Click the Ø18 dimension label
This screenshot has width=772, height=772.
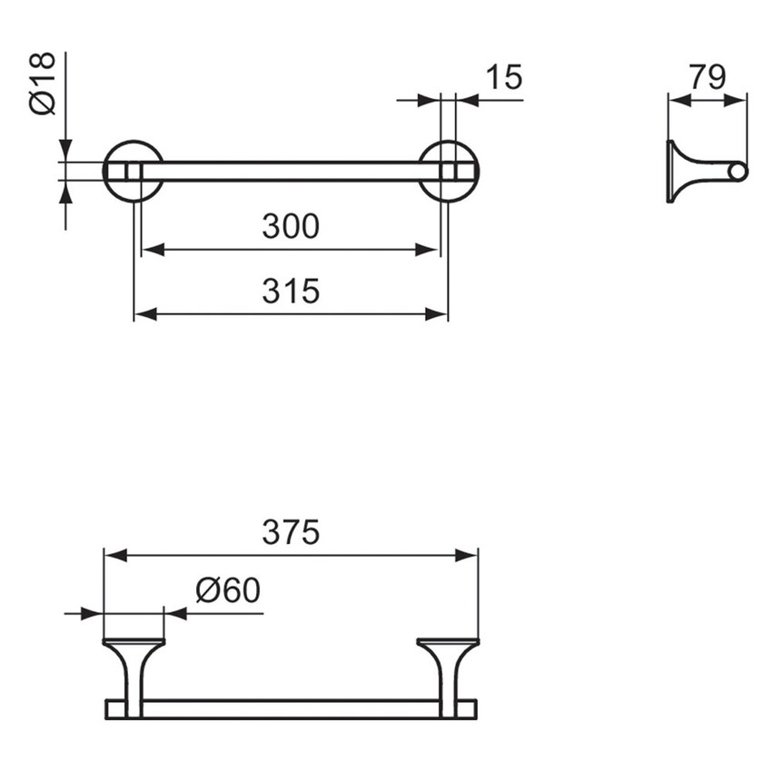click(43, 84)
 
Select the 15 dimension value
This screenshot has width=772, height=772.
click(503, 77)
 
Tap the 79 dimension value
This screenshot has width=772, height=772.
click(707, 77)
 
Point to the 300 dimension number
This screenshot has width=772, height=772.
click(291, 226)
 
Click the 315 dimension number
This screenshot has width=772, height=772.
click(291, 292)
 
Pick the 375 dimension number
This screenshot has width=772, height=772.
click(291, 533)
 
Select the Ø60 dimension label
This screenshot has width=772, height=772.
click(228, 591)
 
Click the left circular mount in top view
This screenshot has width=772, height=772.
click(133, 171)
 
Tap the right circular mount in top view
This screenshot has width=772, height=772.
click(449, 171)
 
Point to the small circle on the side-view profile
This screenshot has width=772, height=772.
click(738, 171)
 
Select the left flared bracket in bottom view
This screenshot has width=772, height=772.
click(134, 672)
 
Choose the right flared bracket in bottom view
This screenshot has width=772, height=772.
click(449, 672)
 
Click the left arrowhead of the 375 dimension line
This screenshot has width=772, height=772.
click(114, 555)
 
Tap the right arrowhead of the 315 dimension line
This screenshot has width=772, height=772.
click(438, 314)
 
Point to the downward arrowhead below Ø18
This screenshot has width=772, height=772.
click(64, 152)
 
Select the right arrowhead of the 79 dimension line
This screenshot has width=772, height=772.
click(738, 103)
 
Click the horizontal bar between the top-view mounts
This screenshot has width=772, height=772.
click(291, 171)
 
